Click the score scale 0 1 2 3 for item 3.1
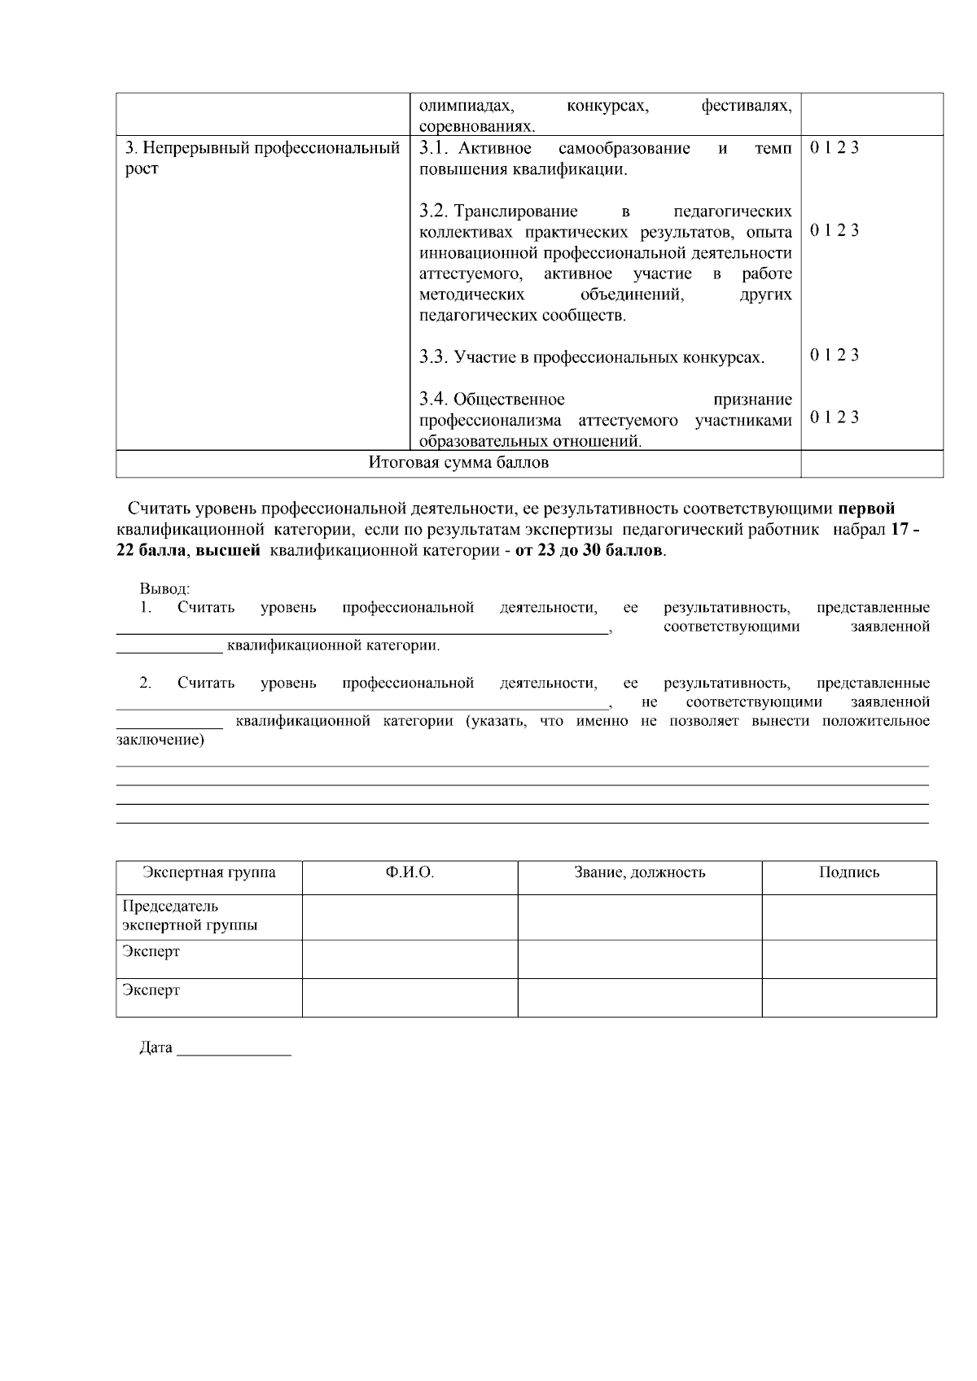coord(835,148)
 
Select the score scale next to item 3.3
coord(835,355)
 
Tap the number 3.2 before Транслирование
coord(434,212)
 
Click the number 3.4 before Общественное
coord(434,400)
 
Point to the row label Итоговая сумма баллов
coord(458,463)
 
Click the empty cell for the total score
coord(872,464)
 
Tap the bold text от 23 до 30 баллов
coord(589,551)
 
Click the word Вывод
coord(164,588)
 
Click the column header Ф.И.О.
coord(410,873)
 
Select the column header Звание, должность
coord(639,873)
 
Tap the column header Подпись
coord(848,873)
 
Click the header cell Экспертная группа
coord(209,873)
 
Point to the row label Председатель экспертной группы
coord(190,916)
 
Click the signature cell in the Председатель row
coord(848,916)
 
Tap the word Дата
coord(156,1048)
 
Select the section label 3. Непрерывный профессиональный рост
coord(262,158)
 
